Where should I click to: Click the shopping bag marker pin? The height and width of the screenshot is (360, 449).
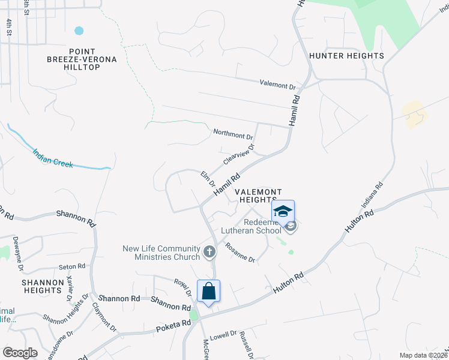coord(208,292)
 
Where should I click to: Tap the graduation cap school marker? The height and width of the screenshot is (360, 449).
coord(283,212)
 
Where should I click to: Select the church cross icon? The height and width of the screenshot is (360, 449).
coord(209,251)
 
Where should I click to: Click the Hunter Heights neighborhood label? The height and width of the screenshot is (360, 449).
coord(346,56)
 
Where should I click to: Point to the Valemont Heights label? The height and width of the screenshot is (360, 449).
coord(256,196)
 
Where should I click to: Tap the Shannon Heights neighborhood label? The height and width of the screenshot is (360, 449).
coord(43,286)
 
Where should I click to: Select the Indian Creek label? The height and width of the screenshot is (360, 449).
coord(52,158)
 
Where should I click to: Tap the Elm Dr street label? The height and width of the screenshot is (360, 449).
coord(207,179)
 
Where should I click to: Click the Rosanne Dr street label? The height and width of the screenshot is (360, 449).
coord(240,252)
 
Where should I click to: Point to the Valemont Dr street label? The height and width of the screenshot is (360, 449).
coord(278,85)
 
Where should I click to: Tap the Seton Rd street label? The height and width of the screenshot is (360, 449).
coord(72,266)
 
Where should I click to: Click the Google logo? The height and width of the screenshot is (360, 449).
coord(20,353)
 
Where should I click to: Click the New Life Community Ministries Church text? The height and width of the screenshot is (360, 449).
coord(161,253)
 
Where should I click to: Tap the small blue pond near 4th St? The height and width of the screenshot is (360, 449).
coord(79,30)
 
